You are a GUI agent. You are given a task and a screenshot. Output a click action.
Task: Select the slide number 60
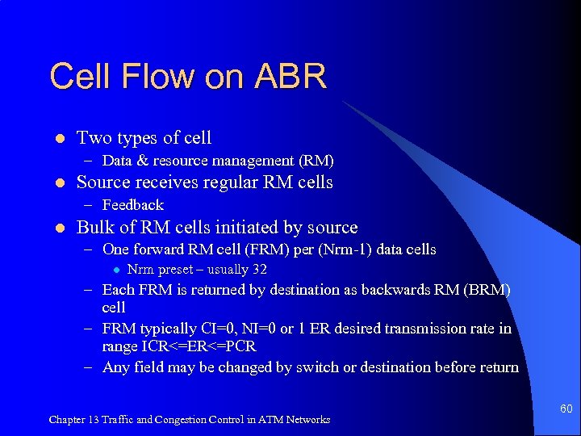(566, 409)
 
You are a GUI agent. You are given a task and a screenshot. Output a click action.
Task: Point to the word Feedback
(133, 205)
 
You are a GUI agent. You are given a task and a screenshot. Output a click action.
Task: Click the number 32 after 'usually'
(259, 270)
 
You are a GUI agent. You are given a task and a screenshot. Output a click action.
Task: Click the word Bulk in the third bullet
(94, 228)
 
